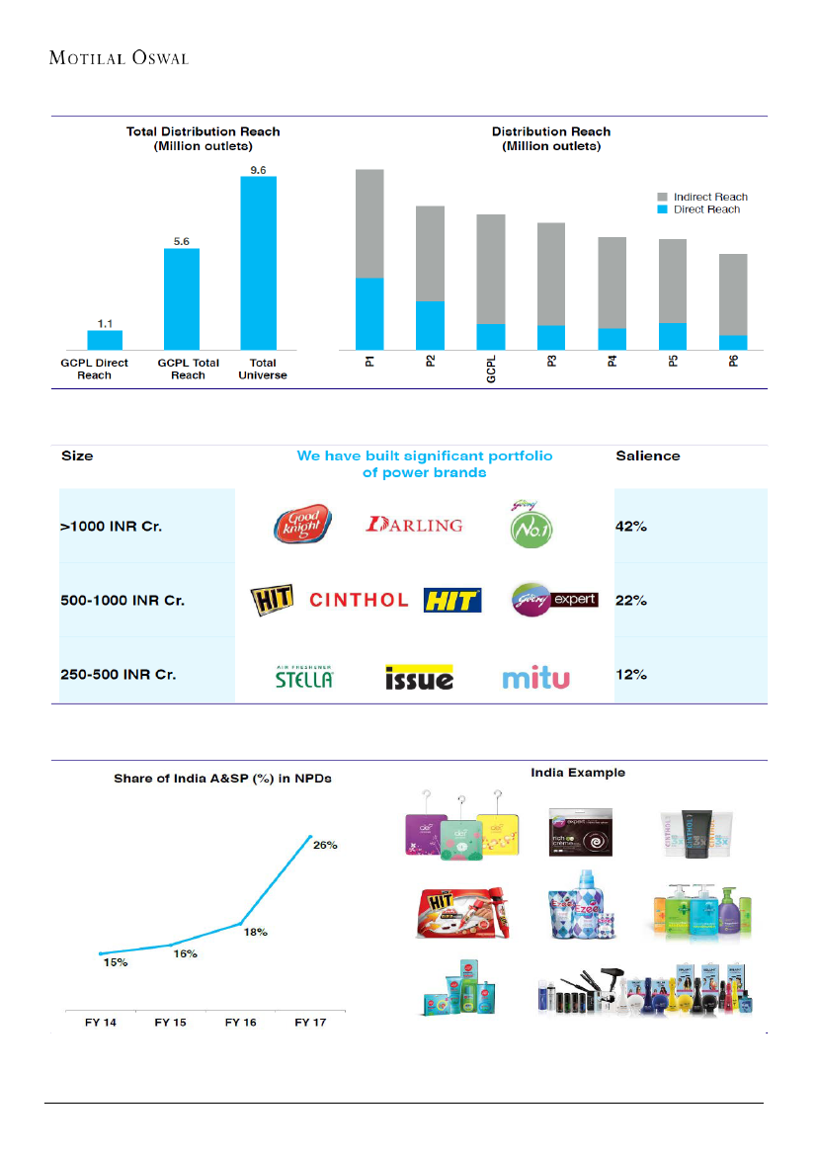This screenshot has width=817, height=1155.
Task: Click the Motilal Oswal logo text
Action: (x=119, y=58)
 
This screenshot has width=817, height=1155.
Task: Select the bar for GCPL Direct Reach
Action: (x=105, y=340)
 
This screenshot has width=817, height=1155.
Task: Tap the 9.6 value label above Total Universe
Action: (x=258, y=170)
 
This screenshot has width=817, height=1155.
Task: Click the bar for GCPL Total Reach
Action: (x=182, y=298)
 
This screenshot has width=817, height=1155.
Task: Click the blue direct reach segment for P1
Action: (x=369, y=313)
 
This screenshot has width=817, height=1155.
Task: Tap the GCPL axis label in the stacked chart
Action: (x=491, y=371)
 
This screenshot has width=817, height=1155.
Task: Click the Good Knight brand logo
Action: (x=303, y=525)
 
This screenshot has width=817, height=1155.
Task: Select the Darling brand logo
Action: (x=414, y=525)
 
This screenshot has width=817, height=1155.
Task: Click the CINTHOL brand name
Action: (x=359, y=600)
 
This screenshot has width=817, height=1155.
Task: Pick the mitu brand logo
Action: (x=536, y=678)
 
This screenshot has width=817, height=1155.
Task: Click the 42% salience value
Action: (x=631, y=527)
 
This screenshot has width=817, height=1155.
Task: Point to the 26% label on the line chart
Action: (x=326, y=845)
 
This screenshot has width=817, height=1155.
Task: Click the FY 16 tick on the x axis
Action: (x=242, y=1023)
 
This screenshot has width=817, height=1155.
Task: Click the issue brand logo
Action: (x=419, y=677)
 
